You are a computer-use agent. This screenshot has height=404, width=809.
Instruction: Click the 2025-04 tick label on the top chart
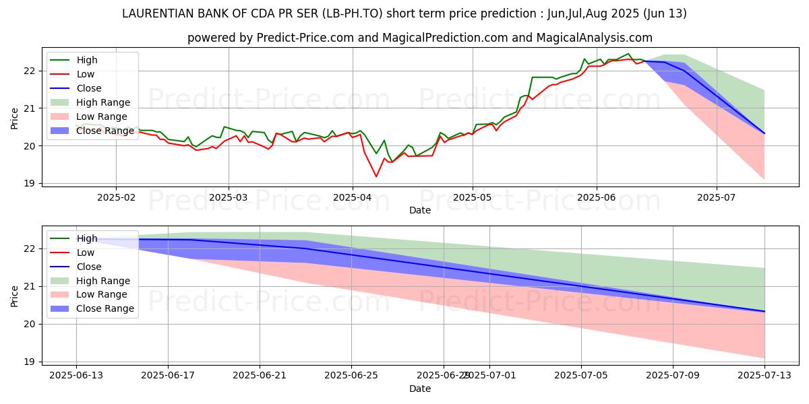(x=352, y=198)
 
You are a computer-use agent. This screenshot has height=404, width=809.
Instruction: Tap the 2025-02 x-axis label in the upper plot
(x=116, y=198)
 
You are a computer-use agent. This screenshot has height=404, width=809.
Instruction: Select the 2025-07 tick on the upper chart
(x=716, y=198)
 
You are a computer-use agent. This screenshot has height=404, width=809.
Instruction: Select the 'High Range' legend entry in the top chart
(x=103, y=102)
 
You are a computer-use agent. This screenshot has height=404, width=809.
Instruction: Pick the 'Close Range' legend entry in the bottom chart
(x=105, y=308)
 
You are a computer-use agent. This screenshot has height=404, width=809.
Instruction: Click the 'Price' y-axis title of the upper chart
(x=15, y=118)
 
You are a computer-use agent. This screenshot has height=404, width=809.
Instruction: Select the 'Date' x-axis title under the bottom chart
(x=420, y=389)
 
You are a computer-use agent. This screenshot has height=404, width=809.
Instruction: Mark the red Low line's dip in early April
(x=376, y=176)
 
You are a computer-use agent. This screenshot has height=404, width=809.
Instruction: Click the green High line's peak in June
(x=628, y=54)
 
